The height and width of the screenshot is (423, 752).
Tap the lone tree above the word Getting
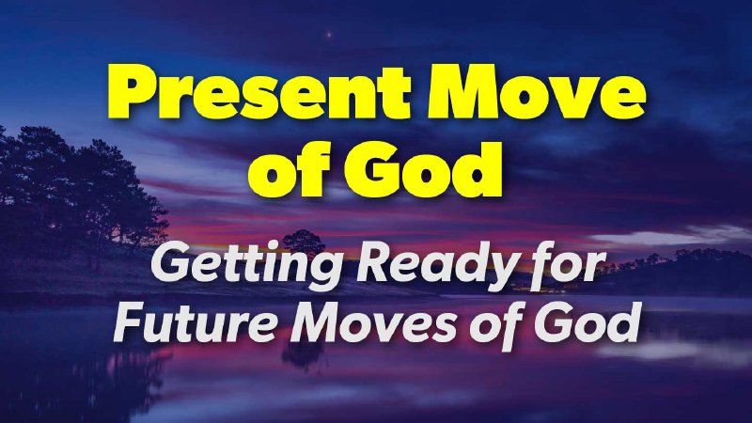tap(302, 238)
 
